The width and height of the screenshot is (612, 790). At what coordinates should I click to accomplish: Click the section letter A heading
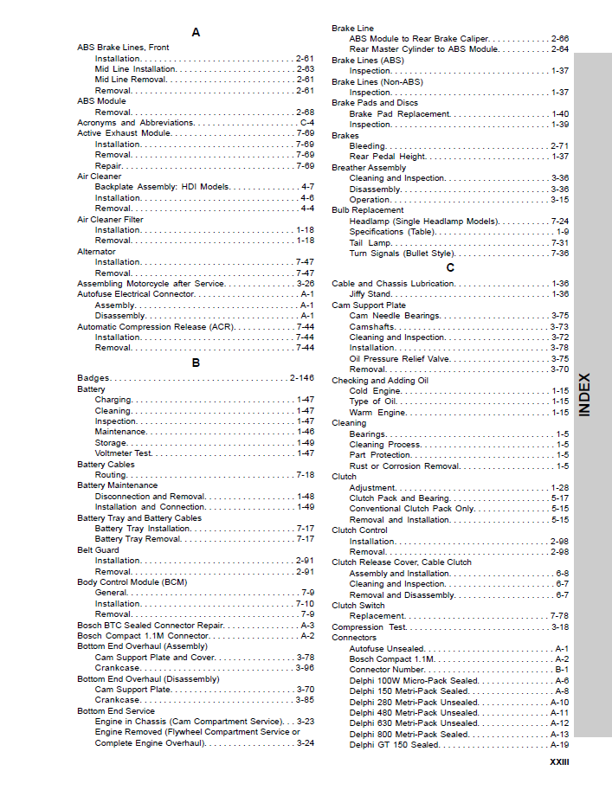[x=196, y=32]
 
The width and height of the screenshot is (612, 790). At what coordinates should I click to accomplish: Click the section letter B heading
[x=196, y=363]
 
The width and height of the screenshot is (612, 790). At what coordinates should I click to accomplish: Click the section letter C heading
[x=450, y=267]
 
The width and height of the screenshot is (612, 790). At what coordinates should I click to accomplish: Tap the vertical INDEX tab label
[x=586, y=395]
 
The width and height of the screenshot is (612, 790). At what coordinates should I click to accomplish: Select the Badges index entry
[x=93, y=378]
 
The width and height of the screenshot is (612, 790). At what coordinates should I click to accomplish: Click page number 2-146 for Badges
[x=301, y=378]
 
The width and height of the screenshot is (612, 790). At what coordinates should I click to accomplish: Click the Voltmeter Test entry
[x=123, y=453]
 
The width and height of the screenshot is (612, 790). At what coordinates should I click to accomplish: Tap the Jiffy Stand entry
[x=372, y=294]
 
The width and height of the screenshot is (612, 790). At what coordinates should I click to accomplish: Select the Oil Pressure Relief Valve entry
[x=399, y=358]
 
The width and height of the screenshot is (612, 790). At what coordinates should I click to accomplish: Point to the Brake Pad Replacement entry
[x=399, y=114]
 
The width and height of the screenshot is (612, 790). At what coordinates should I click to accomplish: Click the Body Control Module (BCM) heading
[x=132, y=582]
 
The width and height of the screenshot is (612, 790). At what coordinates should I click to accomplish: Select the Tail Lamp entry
[x=370, y=243]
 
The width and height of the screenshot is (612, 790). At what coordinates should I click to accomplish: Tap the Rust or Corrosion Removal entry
[x=404, y=466]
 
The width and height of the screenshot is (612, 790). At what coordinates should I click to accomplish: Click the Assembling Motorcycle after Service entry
[x=151, y=284]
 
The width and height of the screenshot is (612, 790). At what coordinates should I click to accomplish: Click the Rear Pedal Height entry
[x=387, y=157]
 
